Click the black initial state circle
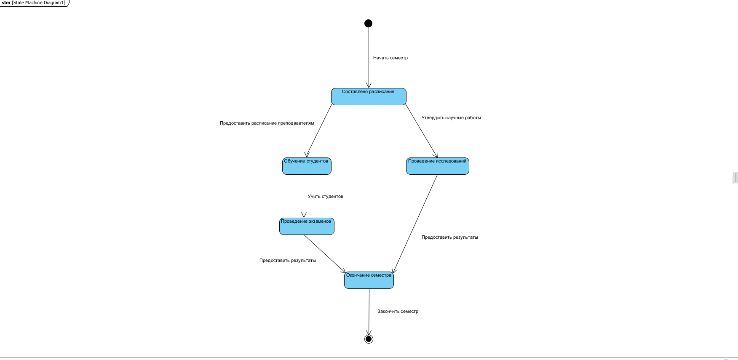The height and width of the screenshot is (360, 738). click(x=368, y=23)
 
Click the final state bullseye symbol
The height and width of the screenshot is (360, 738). click(x=369, y=339)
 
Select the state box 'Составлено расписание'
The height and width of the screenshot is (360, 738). click(x=369, y=97)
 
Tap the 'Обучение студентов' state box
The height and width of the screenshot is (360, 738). click(x=307, y=166)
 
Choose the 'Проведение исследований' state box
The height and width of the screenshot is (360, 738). click(x=437, y=166)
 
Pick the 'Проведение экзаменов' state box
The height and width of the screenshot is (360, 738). click(x=307, y=227)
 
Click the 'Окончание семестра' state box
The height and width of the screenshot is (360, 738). click(x=369, y=280)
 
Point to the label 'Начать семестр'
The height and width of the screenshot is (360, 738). click(x=390, y=58)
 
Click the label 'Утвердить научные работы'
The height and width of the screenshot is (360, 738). click(x=451, y=118)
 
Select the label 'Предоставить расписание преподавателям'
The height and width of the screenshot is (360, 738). click(x=267, y=123)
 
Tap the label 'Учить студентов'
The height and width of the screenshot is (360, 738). click(x=325, y=197)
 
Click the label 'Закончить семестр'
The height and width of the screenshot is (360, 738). click(x=398, y=312)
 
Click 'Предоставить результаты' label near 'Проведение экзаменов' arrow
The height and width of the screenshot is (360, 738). click(x=287, y=261)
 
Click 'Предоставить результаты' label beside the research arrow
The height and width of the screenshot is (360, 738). click(x=449, y=237)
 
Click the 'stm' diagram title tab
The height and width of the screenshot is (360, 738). click(x=34, y=3)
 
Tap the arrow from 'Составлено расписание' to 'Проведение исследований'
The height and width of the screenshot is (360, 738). click(x=421, y=131)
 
